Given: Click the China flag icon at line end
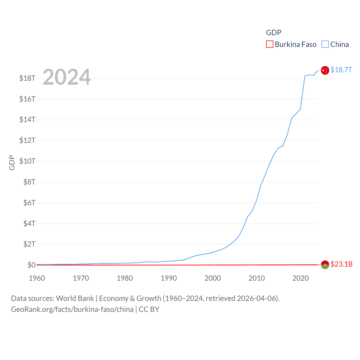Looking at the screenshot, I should (325, 70).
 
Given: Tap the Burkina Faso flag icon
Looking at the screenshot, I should (325, 265).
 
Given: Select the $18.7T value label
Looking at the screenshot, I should (341, 70).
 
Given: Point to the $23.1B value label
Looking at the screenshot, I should (341, 264).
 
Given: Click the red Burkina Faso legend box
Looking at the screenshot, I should (269, 44).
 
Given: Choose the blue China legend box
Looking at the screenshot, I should (325, 44).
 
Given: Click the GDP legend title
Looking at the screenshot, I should (274, 33).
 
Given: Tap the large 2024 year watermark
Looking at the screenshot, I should (67, 77).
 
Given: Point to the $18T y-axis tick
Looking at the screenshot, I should (27, 78).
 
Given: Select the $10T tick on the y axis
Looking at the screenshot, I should (27, 161).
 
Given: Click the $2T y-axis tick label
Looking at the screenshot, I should (29, 244).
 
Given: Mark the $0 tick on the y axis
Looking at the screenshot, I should (31, 265).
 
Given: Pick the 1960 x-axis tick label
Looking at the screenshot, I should (37, 278).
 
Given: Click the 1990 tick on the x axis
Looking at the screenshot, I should (169, 278).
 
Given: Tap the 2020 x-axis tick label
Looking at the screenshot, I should (300, 278).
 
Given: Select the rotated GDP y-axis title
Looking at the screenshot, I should (12, 163).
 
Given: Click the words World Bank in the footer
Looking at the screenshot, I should (75, 298).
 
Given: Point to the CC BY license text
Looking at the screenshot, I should (149, 309).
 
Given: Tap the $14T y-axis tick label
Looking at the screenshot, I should (27, 120).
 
